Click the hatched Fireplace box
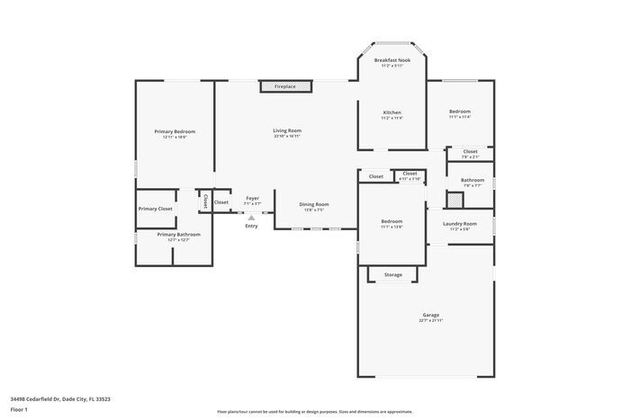285,86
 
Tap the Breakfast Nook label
391,60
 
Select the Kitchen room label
391,112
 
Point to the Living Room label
287,130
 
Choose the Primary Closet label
156,209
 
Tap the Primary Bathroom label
178,235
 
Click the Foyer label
253,198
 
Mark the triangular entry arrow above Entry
252,217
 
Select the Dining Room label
314,204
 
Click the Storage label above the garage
392,274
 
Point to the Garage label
431,315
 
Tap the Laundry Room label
460,223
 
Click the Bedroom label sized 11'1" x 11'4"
460,112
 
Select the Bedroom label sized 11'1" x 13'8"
391,221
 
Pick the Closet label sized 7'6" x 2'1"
470,151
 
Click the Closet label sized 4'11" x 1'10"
409,173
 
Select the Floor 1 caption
20,410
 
